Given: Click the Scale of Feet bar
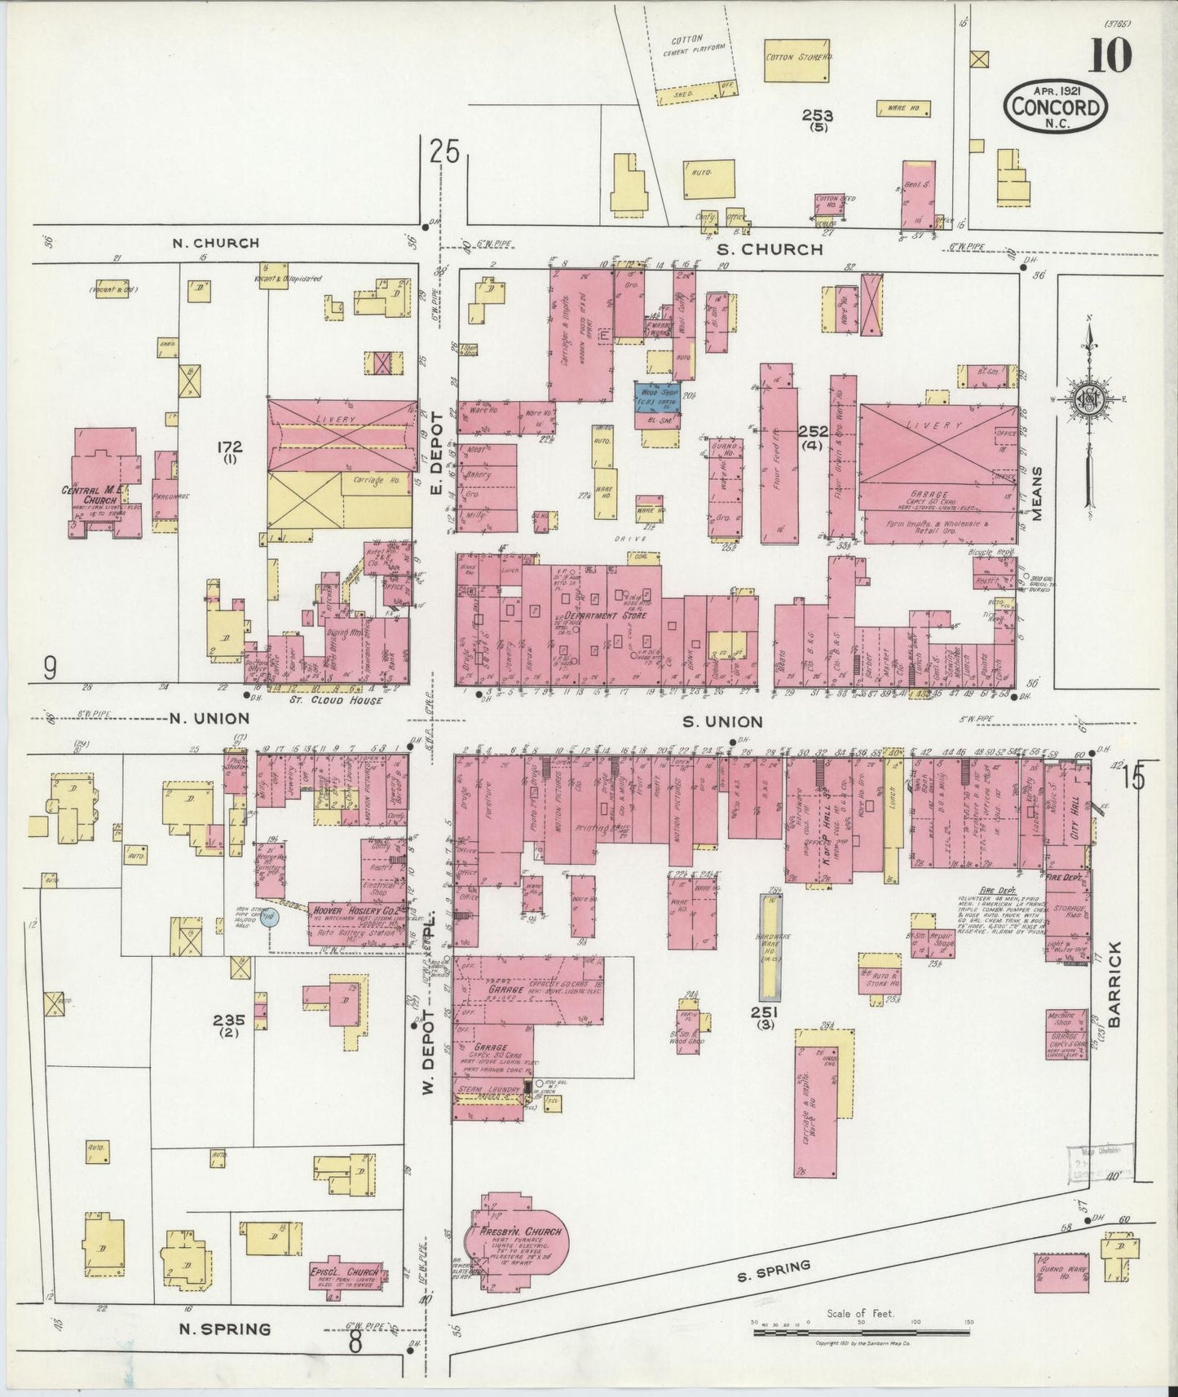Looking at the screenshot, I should [x=859, y=1334].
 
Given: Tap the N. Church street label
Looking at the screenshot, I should [x=216, y=243].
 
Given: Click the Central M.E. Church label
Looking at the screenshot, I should [x=91, y=496].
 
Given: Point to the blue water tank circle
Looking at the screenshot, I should [x=270, y=918].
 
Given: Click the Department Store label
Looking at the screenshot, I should [x=605, y=615].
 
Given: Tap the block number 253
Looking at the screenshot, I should [x=816, y=117].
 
